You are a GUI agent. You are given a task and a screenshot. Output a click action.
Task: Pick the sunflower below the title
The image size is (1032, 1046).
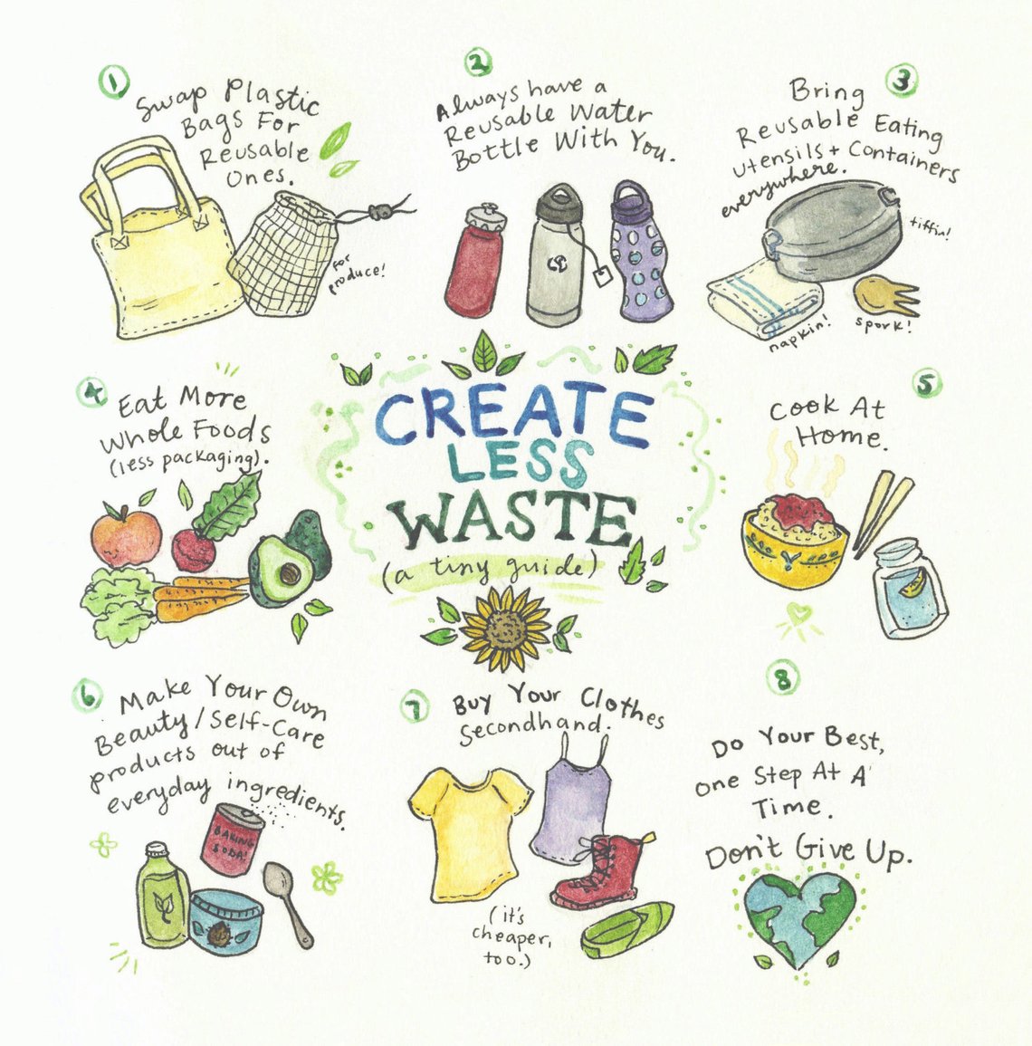(x=504, y=626)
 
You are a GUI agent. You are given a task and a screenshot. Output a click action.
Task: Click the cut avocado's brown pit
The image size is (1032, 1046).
(x=289, y=572)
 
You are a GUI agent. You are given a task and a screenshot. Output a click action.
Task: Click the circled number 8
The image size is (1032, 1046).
(x=783, y=679)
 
